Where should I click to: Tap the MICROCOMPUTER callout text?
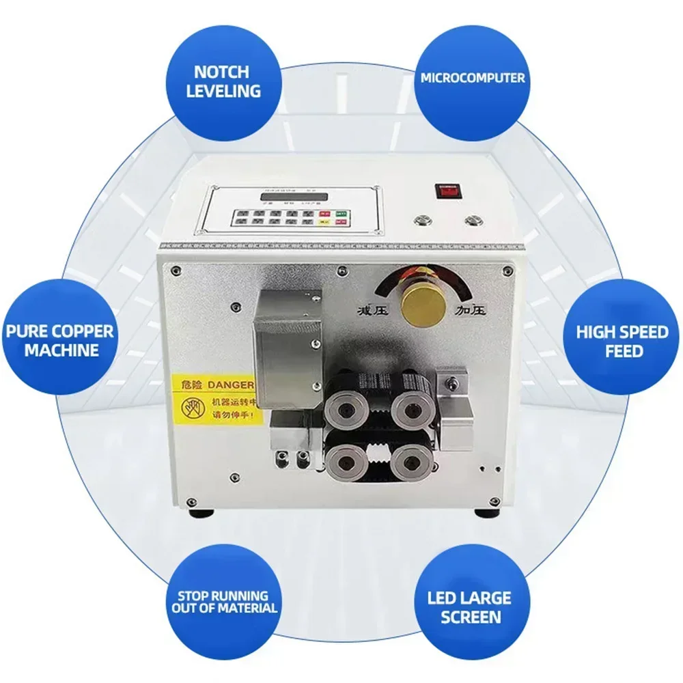point(472,78)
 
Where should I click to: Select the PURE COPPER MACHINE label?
point(60,341)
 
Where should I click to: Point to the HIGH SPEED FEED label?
point(622,341)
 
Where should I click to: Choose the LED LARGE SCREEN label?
point(471,607)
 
